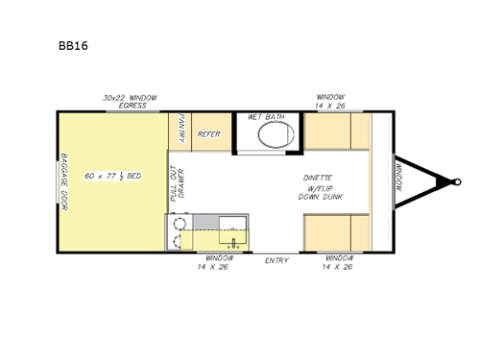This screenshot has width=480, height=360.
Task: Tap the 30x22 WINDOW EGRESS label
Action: (131, 101)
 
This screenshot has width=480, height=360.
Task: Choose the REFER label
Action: (208, 134)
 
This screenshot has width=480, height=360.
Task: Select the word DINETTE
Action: (318, 178)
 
